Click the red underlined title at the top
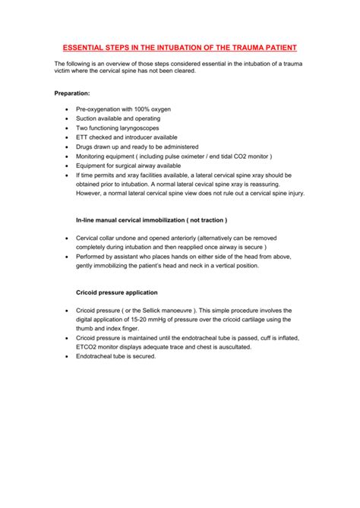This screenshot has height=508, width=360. (x=180, y=46)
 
